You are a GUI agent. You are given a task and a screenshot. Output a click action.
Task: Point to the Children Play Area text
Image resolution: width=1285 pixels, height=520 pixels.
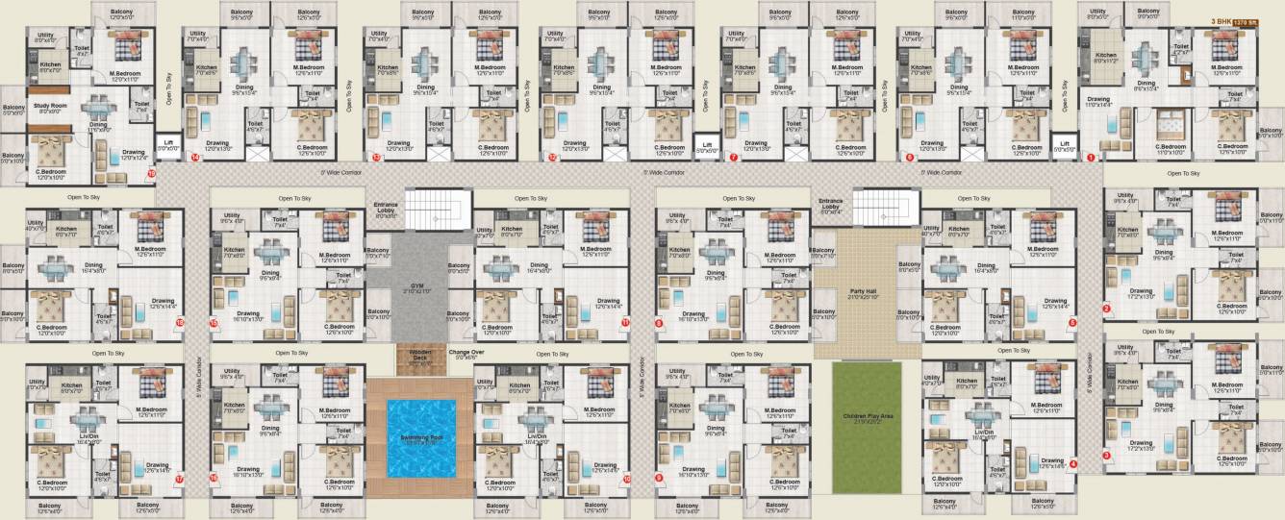click(x=868, y=417)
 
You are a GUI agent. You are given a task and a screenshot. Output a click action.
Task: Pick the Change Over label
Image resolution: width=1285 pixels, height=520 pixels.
click(x=466, y=355)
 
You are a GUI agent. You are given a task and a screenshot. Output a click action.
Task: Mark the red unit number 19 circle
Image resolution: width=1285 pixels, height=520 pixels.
click(x=150, y=173)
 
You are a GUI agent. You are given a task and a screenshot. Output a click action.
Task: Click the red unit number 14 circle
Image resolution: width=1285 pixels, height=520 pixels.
click(x=195, y=157)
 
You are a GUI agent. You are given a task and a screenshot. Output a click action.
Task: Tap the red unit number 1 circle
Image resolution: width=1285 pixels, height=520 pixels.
click(x=1091, y=157)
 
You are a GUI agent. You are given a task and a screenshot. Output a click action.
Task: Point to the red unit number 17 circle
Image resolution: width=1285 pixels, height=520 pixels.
click(x=179, y=478)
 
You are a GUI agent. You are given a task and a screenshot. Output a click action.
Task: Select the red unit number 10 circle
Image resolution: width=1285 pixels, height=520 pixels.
click(x=627, y=478)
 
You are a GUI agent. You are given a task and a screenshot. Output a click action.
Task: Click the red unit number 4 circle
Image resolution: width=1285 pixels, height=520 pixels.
click(x=1073, y=463)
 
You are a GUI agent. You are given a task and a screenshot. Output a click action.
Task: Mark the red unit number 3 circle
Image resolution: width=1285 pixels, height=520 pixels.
click(x=1106, y=456)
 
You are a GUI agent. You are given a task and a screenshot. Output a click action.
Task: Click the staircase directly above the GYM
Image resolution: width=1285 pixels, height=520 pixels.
click(x=433, y=209)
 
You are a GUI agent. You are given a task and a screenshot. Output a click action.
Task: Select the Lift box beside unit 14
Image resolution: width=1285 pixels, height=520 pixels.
click(x=167, y=145)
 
